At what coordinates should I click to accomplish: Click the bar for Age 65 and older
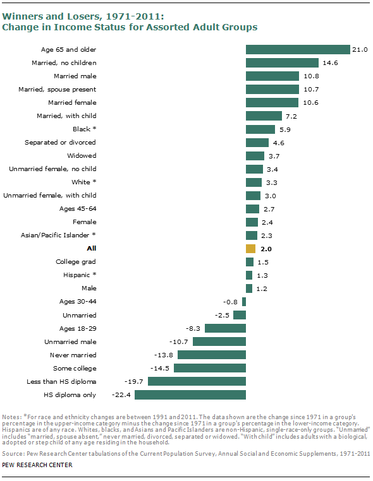tap(298, 50)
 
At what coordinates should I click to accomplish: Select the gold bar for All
tap(250, 249)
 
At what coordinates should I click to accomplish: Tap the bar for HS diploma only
tap(190, 395)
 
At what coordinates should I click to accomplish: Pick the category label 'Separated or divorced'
tap(60, 143)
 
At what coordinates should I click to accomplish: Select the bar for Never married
tap(210, 355)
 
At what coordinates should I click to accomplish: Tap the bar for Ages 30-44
tap(244, 302)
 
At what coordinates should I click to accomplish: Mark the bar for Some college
tap(209, 368)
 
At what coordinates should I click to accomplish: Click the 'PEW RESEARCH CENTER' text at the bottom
tap(37, 465)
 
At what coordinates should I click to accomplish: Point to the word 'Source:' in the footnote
tap(13, 454)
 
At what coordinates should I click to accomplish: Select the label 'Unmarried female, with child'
tap(50, 196)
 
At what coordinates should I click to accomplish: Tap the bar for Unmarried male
tap(219, 341)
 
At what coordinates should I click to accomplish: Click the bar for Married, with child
tap(264, 116)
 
